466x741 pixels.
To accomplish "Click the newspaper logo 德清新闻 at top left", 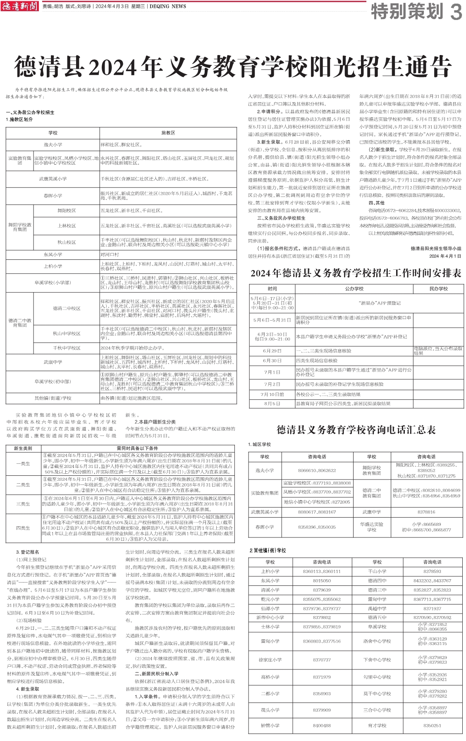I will pos(19,6).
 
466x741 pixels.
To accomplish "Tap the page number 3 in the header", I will pos(456,12).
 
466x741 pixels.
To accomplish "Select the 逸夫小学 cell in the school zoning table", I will pos(53,145).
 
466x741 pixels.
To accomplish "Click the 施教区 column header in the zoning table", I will pos(168,133).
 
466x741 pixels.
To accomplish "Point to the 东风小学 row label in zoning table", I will pos(53,254).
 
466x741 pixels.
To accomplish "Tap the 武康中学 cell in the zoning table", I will pos(53,362).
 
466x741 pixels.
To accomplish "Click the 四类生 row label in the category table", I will pos(23,528).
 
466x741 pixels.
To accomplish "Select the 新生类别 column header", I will pos(23,448).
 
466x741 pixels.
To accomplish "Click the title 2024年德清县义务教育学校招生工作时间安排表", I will pos(356,273).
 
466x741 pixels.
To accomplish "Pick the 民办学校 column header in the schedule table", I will pos(438,288).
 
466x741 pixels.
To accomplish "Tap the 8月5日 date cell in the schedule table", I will pos(272,403).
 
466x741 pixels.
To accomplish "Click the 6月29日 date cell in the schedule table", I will pos(272,351).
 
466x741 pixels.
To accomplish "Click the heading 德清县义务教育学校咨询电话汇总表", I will pos(356,430).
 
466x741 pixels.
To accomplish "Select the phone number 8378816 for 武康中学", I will pos(426,512).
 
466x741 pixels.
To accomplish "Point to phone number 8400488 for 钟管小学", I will pos(322,725).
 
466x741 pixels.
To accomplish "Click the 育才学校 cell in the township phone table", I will pos(377,725).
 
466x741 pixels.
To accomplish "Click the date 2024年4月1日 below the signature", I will pos(445,256).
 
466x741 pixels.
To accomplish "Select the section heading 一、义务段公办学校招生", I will pos(30,112).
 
